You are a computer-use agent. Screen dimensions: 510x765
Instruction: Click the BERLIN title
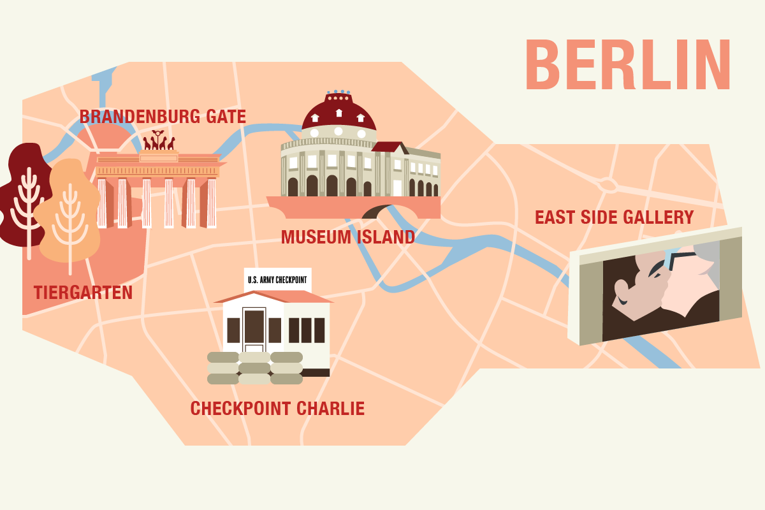click(628, 64)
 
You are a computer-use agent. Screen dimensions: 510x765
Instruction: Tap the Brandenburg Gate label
click(163, 117)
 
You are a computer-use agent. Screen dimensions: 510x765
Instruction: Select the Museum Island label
click(348, 237)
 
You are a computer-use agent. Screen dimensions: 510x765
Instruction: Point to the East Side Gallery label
click(614, 217)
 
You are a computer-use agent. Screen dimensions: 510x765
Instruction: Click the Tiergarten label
click(83, 293)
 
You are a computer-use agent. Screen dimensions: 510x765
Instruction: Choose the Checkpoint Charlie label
click(277, 408)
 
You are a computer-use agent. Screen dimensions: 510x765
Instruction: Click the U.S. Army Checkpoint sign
click(277, 279)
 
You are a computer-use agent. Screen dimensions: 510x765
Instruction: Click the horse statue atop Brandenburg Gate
click(159, 141)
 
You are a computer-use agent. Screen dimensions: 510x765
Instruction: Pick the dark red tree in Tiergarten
click(22, 191)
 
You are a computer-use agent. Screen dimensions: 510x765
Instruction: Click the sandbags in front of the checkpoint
click(255, 368)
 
